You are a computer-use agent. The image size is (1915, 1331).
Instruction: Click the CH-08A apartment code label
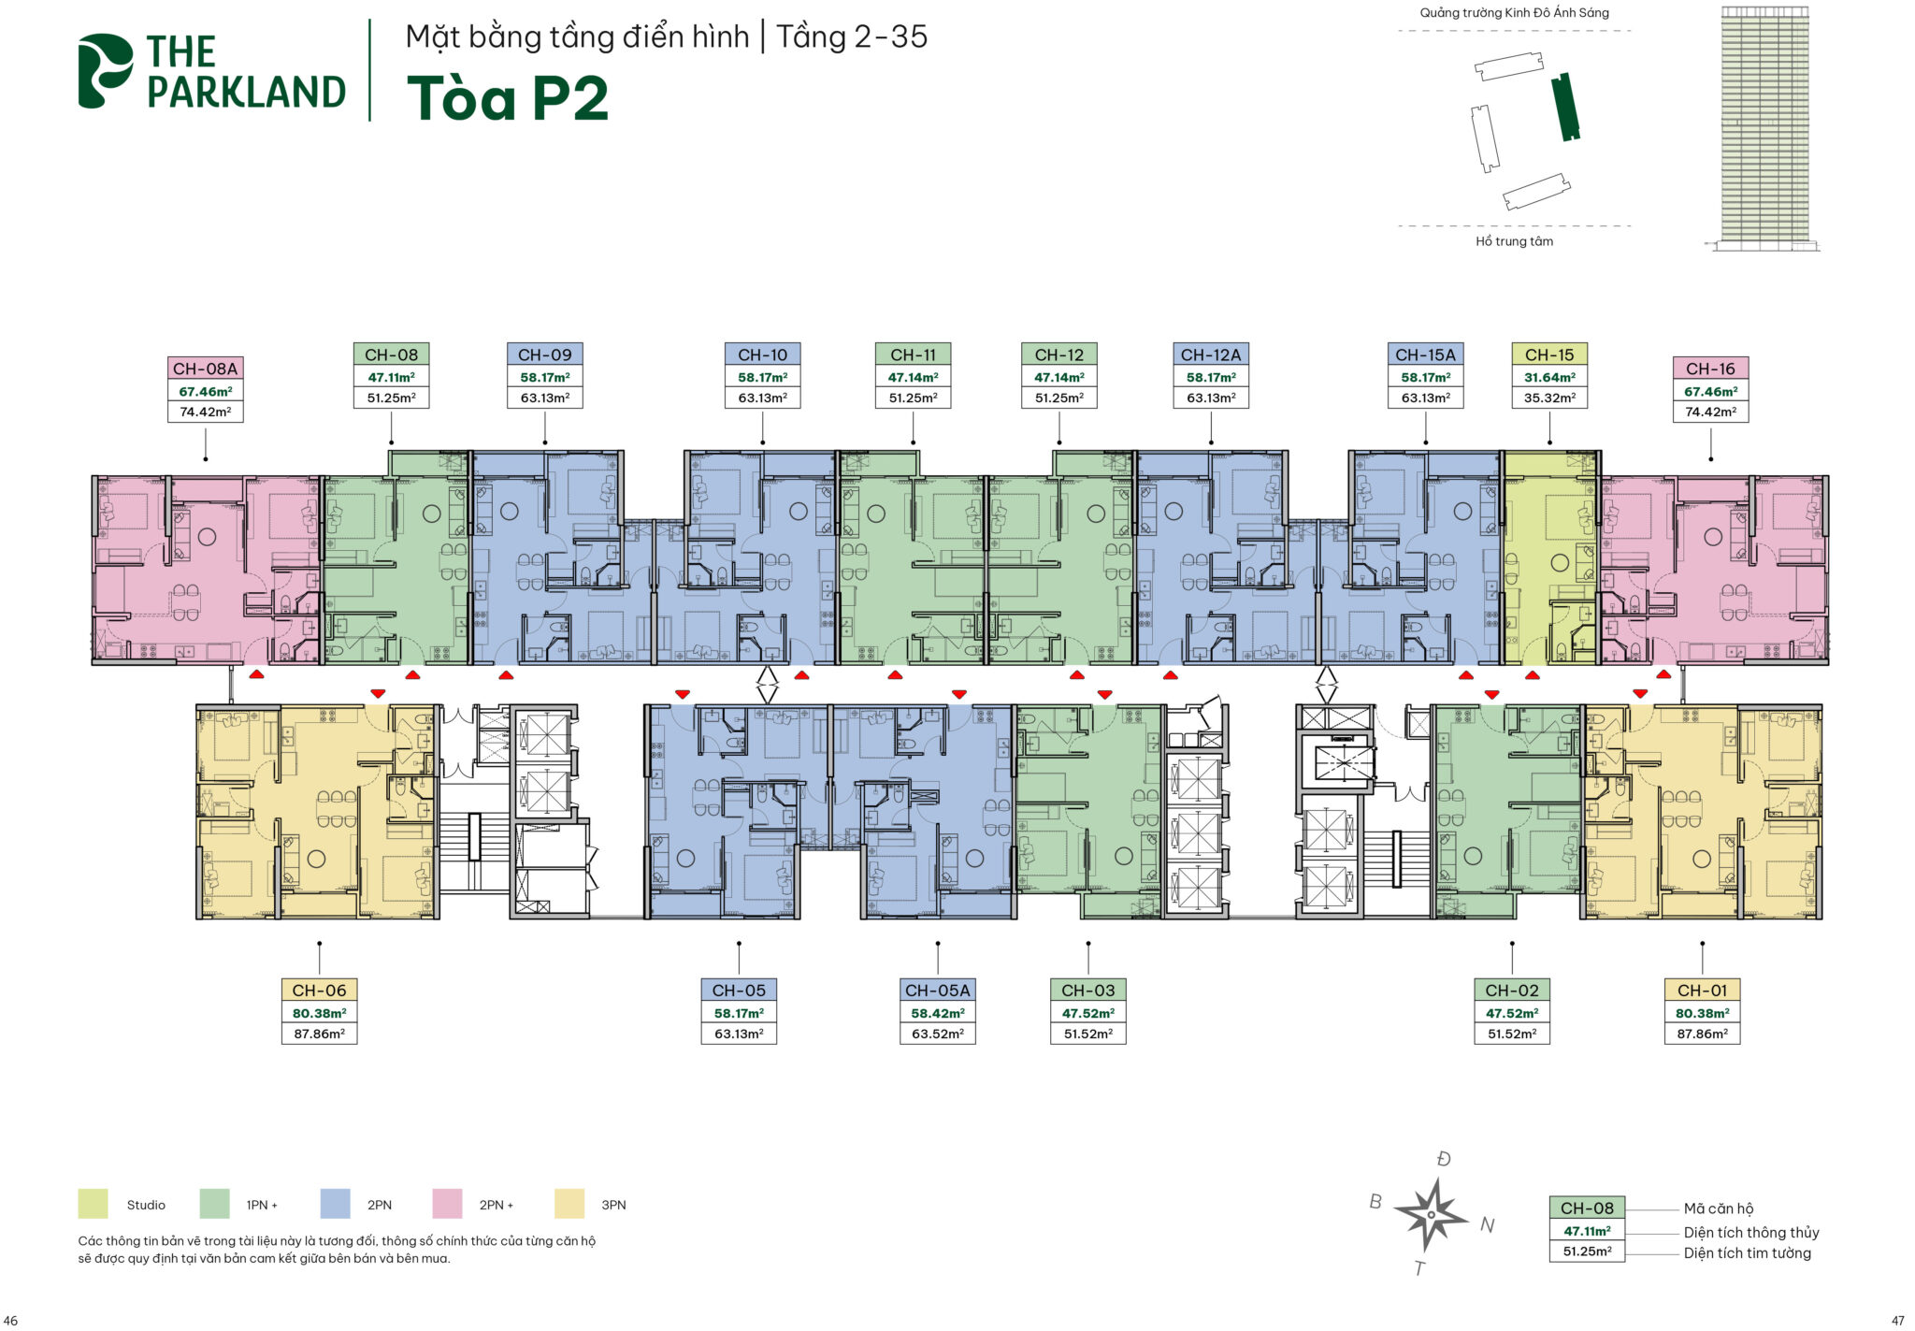206,369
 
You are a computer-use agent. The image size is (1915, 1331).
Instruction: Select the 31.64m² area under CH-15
1549,377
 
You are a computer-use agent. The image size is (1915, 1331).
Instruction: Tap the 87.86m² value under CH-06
320,1034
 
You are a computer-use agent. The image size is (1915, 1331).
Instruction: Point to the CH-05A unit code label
938,990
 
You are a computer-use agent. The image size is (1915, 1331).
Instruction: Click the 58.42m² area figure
938,1013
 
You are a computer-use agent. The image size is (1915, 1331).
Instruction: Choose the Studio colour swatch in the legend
94,1204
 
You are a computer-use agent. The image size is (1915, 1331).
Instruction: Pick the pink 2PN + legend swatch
447,1204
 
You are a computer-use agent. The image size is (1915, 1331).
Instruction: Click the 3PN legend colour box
569,1204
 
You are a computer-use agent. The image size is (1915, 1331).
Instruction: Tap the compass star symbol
1431,1214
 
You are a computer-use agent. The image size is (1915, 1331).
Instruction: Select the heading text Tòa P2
508,98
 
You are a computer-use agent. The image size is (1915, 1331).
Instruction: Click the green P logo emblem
106,71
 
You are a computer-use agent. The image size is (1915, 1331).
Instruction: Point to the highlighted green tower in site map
1565,107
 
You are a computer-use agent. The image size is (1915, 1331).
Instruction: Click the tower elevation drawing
1764,128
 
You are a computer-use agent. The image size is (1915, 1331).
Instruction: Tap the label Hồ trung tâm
1515,241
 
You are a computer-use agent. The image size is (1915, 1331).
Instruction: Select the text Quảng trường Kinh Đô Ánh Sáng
1515,12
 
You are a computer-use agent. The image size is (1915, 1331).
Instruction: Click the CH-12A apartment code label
1211,354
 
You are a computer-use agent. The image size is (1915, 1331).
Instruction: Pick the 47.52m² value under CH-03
1088,1013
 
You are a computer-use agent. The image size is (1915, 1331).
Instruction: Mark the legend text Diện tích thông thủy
1751,1233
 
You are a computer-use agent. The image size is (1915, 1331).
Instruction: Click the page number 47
1897,1321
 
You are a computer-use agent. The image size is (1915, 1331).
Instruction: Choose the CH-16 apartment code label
1710,369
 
